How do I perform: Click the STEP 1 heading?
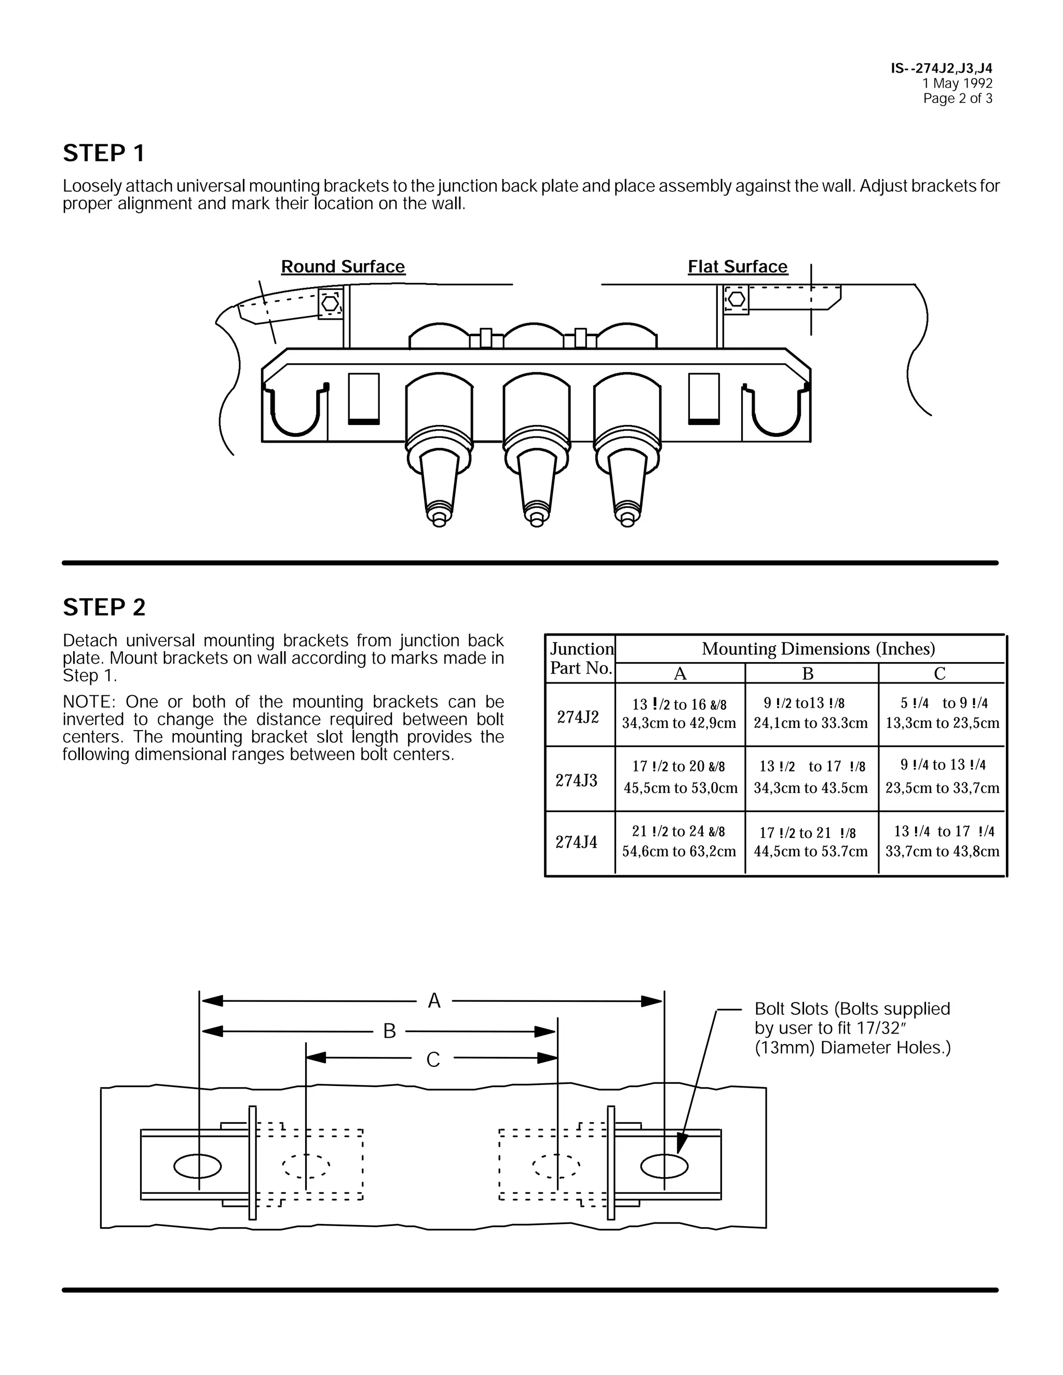coord(104,154)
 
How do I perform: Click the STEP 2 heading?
coord(104,608)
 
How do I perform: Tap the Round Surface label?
coord(343,266)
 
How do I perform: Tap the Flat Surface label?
coord(738,266)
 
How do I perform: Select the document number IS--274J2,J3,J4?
coord(942,68)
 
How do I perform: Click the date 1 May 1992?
coord(957,84)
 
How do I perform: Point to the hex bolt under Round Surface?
coord(330,302)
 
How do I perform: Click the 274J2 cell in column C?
coord(942,713)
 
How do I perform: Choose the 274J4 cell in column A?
coord(679,842)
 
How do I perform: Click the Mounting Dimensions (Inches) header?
coord(818,649)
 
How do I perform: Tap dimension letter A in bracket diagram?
coord(434,1001)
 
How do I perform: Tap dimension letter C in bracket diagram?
coord(433,1060)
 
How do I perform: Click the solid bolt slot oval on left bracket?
coord(198,1166)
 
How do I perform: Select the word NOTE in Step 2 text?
coord(88,702)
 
